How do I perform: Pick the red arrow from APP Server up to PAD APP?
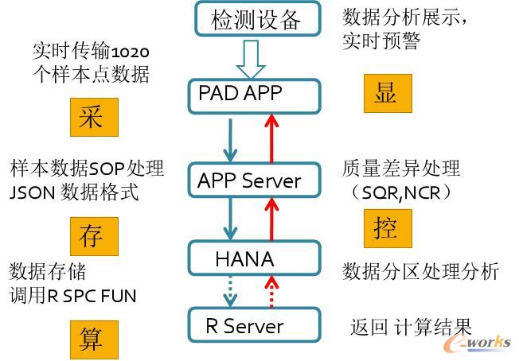271,137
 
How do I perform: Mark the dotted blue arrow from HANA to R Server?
231,291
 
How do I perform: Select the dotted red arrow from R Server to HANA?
271,291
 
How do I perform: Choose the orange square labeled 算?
92,338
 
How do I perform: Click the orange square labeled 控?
388,229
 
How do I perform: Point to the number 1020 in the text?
130,52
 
